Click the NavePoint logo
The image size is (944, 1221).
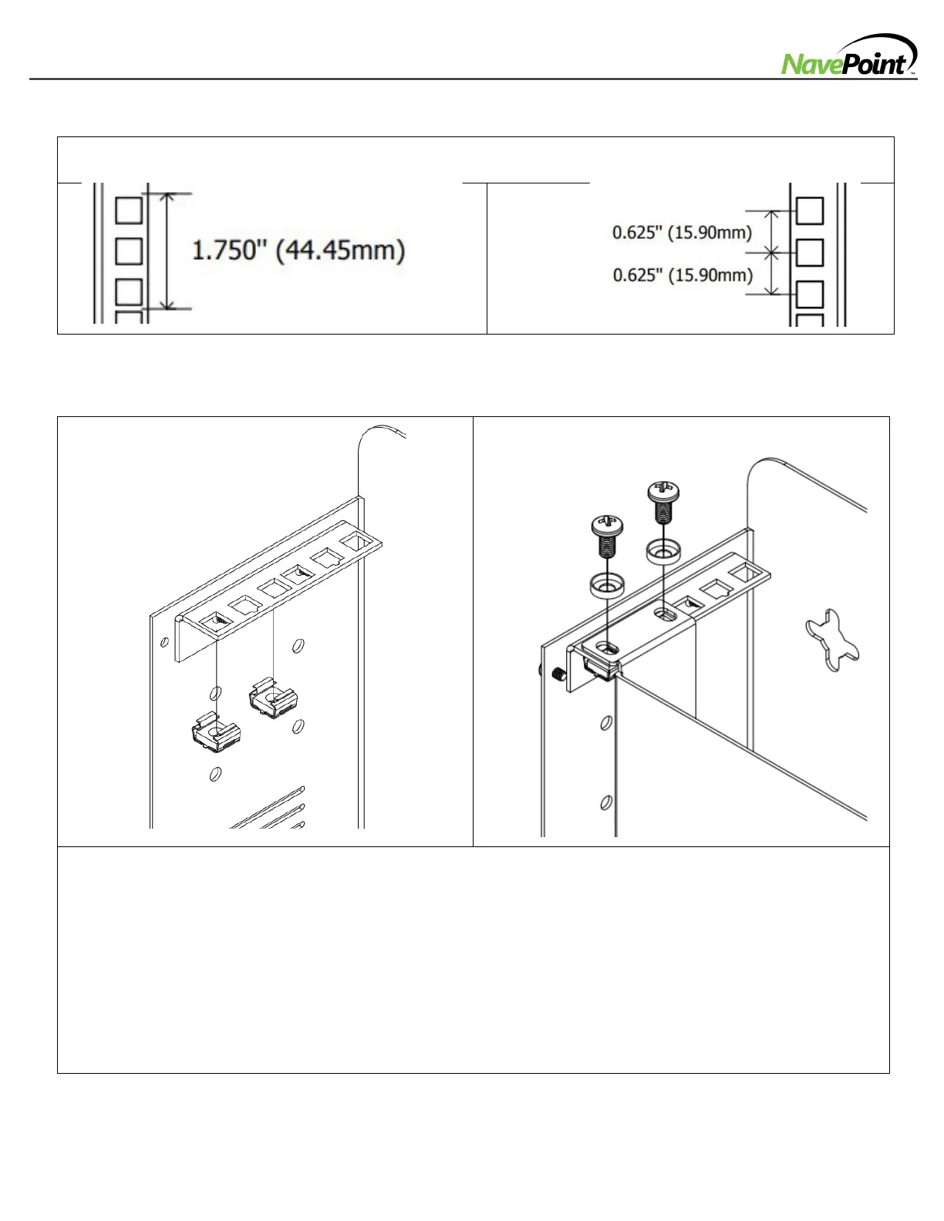[849, 57]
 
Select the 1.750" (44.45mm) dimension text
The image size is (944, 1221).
[298, 251]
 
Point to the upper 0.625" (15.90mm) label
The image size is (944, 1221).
[682, 231]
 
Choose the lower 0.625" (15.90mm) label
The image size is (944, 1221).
[682, 274]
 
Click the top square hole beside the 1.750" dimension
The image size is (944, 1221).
[128, 210]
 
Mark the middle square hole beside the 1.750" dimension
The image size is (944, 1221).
[128, 251]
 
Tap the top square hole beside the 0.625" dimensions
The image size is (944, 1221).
[809, 210]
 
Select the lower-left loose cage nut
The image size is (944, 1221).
[216, 734]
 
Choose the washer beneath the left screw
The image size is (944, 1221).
[607, 584]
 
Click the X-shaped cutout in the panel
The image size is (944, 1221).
[831, 639]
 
